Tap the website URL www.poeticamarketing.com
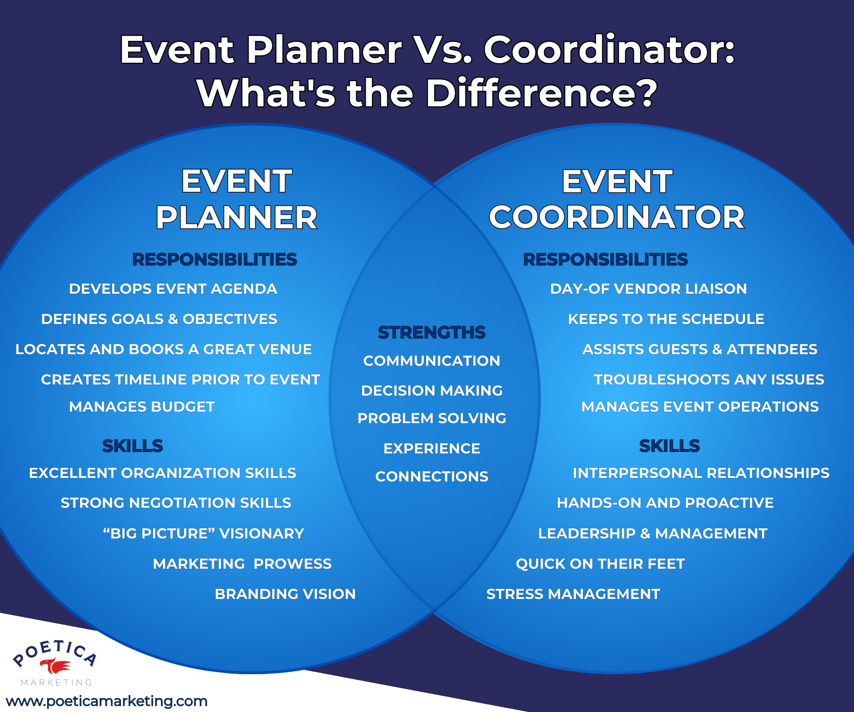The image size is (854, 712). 107,701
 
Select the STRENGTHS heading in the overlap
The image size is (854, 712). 431,332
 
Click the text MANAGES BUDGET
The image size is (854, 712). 142,406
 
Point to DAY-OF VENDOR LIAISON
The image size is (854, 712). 648,288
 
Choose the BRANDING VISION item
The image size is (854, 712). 285,594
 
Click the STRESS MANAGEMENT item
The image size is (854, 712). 573,594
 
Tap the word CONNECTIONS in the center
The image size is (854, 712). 431,476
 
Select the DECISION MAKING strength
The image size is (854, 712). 431,390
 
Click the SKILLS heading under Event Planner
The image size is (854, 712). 133,445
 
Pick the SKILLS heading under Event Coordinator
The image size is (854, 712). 669,445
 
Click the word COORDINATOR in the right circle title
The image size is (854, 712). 616,217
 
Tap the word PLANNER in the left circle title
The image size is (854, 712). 236,217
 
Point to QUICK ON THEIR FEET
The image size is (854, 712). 600,563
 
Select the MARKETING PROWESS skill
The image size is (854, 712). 242,563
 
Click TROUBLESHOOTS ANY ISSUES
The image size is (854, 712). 709,379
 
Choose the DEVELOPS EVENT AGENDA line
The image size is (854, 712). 173,288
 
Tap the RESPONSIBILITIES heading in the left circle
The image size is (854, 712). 214,259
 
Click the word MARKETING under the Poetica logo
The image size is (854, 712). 56,683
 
